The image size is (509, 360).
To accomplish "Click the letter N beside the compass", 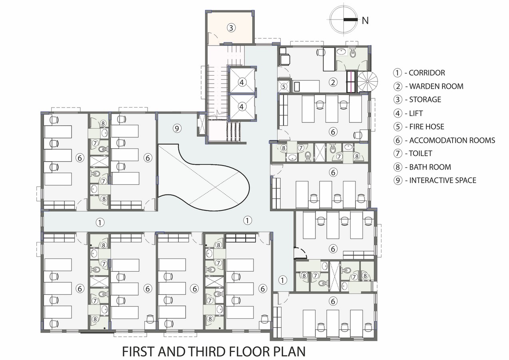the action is pos(365,21).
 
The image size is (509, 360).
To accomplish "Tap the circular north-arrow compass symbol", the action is pos(343,20).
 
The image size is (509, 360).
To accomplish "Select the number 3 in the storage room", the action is pos(231,28).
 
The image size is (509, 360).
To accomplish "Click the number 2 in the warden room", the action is pos(333,82).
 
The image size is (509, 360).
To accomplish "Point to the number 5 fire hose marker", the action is pos(283,86).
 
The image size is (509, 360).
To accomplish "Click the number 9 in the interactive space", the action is pos(177,128).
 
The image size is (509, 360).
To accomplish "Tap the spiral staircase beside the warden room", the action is pos(367,81).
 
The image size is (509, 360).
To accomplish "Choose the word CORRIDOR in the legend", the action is pos(427,73).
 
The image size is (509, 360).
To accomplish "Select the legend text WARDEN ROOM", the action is pos(436,86).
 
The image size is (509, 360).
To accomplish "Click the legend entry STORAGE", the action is pos(425,100).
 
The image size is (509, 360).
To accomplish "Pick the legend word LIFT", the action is pos(416,113).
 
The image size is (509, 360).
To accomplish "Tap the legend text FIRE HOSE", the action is pos(427,126).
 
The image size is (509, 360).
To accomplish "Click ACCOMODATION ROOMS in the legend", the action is pos(452,140).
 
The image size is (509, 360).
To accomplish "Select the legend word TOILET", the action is pos(420,154).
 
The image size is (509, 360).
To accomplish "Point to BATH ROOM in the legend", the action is pos(430,167).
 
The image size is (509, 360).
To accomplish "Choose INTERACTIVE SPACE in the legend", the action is pos(442,180).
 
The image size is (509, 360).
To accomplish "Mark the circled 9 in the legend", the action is pos(398,180).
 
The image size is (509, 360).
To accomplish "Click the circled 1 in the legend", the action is pos(397,73).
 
